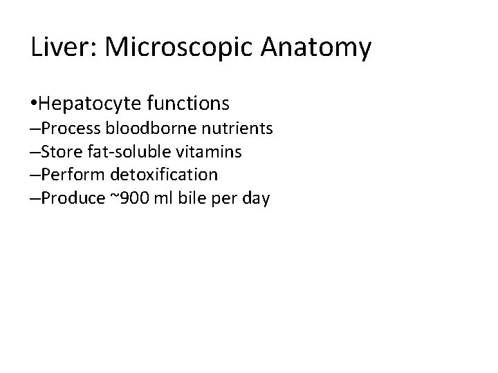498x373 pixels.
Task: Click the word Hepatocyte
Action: (x=91, y=104)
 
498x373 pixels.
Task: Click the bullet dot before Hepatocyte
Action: (x=35, y=104)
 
